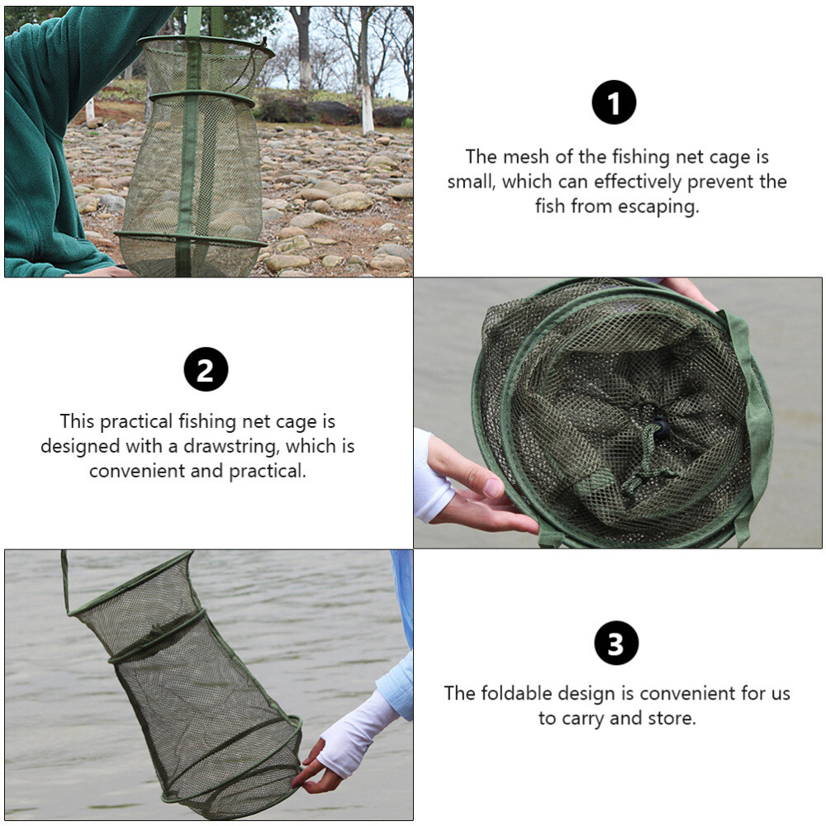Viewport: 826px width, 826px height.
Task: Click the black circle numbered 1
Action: click(614, 102)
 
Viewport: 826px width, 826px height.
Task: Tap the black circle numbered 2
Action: click(206, 369)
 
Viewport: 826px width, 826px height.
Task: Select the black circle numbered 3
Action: click(616, 643)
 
